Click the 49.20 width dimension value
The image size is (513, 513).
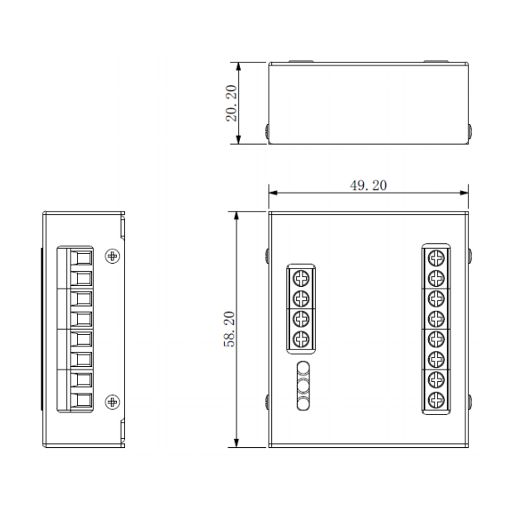point(368,185)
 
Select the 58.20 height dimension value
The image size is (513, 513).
point(230,329)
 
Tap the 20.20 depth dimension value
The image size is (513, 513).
point(231,103)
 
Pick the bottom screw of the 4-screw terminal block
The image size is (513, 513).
point(301,339)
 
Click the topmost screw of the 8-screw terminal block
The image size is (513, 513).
point(436,257)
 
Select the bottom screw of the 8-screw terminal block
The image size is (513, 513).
point(436,399)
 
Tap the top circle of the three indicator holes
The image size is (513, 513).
point(303,368)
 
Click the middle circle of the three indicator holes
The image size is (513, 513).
point(303,385)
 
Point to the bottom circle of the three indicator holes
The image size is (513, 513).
point(303,402)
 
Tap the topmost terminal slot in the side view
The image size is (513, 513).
point(81,256)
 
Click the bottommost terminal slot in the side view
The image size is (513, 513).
point(81,400)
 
